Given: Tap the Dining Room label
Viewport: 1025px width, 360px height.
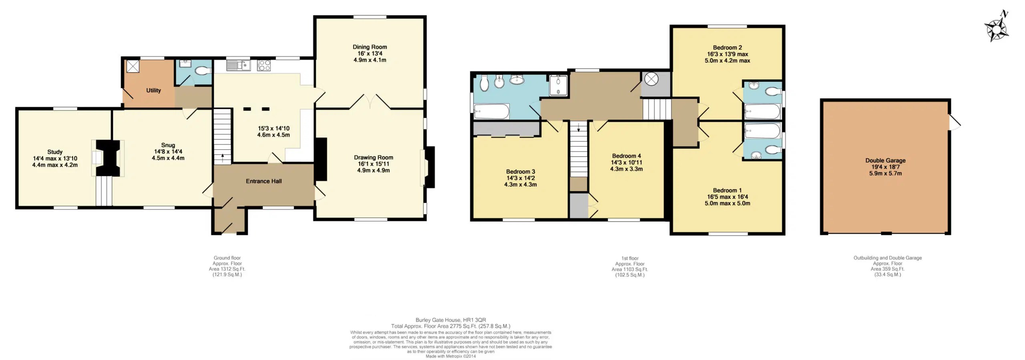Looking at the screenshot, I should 369,47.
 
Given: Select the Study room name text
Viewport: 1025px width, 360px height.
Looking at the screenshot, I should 55,152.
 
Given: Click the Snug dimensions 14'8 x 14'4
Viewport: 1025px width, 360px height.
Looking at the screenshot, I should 168,151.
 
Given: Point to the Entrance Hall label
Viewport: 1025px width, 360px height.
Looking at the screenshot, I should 263,181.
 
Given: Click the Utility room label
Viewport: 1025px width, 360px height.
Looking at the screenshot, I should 153,90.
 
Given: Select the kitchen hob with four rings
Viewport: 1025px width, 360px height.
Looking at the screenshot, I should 263,65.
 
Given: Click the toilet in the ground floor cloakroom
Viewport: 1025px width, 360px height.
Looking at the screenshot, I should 202,71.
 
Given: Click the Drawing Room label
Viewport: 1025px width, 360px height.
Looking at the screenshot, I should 373,157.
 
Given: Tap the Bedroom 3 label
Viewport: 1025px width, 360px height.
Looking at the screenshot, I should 520,171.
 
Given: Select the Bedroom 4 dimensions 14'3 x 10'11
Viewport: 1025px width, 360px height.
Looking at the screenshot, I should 626,162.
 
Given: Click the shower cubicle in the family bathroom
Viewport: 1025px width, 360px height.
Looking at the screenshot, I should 558,85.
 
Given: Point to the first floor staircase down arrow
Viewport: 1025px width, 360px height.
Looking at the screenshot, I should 578,129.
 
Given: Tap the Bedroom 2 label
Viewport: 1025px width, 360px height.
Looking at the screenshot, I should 727,47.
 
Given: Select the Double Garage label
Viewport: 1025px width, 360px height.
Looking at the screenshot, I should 885,160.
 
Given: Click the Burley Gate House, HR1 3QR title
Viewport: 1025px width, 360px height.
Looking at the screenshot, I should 450,320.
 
